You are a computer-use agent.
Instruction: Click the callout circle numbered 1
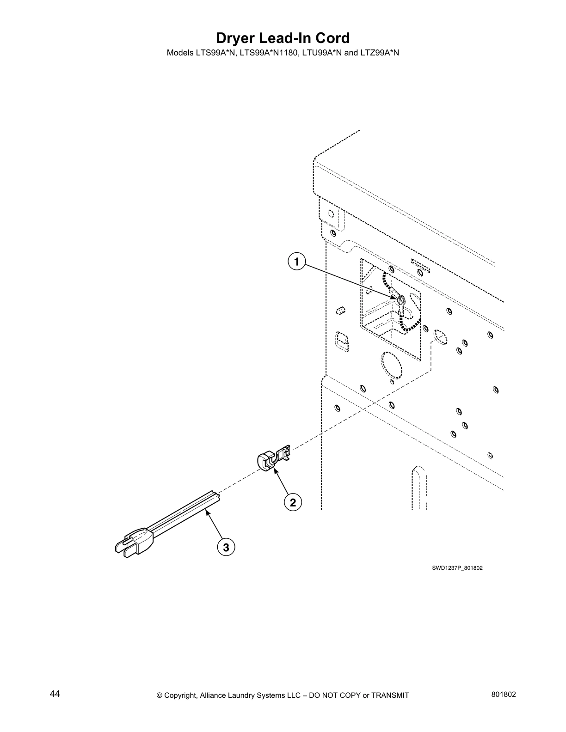(x=296, y=262)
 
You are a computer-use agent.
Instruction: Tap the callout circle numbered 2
(x=293, y=502)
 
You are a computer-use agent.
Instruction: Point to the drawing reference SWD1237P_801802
(x=457, y=568)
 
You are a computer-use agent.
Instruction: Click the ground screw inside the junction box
(x=400, y=300)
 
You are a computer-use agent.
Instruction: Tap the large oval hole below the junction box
(x=391, y=364)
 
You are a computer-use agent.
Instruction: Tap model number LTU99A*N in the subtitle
(x=322, y=53)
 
